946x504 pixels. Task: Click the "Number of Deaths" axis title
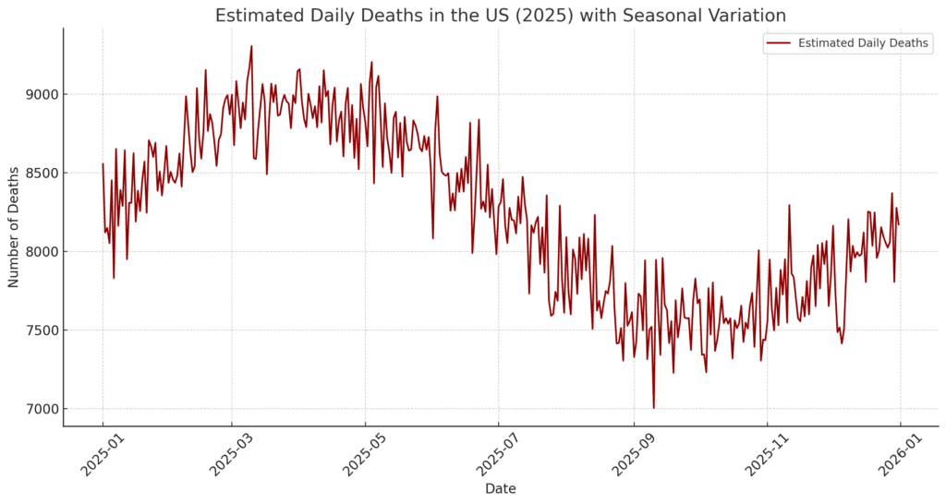[14, 226]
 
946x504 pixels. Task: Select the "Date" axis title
[500, 488]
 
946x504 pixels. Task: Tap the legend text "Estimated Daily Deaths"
[863, 42]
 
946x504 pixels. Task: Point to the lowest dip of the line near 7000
[653, 407]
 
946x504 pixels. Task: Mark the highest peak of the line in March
[251, 46]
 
